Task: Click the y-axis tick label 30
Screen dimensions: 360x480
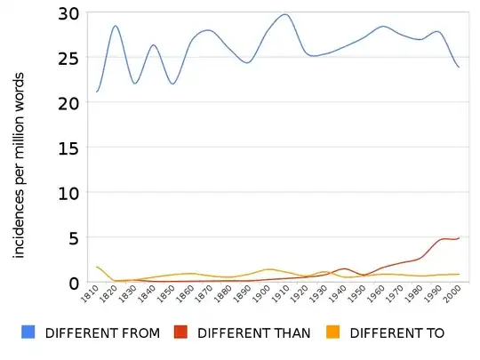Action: (x=68, y=13)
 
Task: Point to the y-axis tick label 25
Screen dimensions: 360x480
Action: (x=68, y=58)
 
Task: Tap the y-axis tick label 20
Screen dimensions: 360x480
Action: (x=68, y=102)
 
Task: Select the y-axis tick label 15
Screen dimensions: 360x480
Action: (x=68, y=148)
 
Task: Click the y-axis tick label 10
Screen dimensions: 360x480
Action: (x=68, y=193)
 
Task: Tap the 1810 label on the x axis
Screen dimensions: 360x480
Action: (x=89, y=296)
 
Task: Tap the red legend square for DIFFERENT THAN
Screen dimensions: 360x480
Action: (x=180, y=332)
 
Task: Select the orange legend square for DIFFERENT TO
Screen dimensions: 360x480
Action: (x=333, y=332)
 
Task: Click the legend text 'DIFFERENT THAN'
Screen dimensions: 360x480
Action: (x=254, y=333)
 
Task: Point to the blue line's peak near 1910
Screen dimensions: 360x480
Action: (x=284, y=14)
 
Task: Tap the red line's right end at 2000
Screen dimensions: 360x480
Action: (x=459, y=238)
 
